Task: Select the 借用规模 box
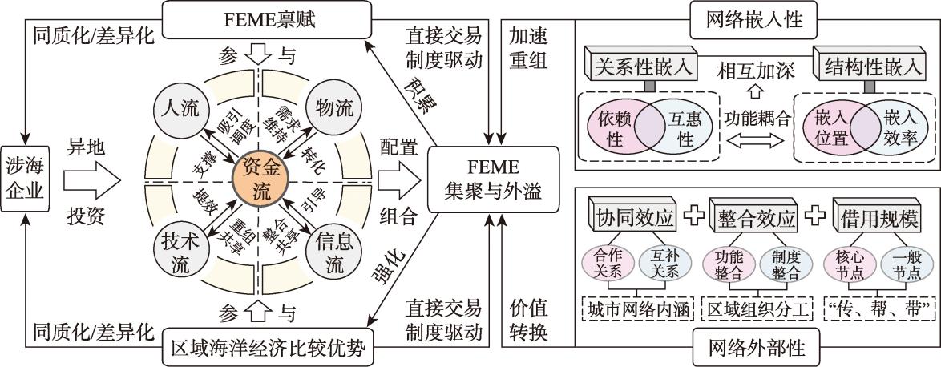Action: pos(881,217)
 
